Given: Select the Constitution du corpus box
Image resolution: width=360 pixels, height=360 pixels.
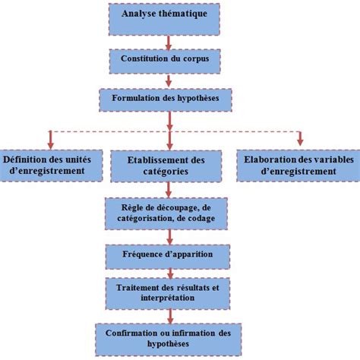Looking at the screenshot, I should coord(169,58).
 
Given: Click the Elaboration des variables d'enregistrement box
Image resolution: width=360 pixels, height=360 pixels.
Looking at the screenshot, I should coord(298,165).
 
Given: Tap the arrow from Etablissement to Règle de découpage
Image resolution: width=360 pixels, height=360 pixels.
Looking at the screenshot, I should coord(169,190).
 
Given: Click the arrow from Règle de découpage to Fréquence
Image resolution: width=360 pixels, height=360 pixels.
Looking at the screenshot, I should coord(169,234).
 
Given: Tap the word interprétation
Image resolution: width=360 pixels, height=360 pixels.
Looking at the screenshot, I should coord(169,298).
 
